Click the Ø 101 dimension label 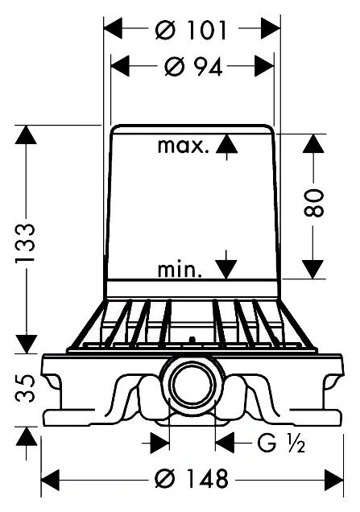click(191, 30)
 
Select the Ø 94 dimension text click(194, 67)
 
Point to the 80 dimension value click(314, 202)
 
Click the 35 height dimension click(25, 388)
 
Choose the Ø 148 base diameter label click(191, 479)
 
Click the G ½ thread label click(281, 443)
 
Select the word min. click(180, 270)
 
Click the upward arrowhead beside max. click(227, 143)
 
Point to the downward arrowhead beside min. click(226, 269)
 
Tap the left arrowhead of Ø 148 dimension click(51, 480)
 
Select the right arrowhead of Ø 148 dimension click(333, 480)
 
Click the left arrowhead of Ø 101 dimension click(113, 29)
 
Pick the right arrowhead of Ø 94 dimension click(264, 66)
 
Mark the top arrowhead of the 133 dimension click(26, 134)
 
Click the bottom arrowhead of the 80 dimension click(313, 269)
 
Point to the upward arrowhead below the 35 click(26, 436)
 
